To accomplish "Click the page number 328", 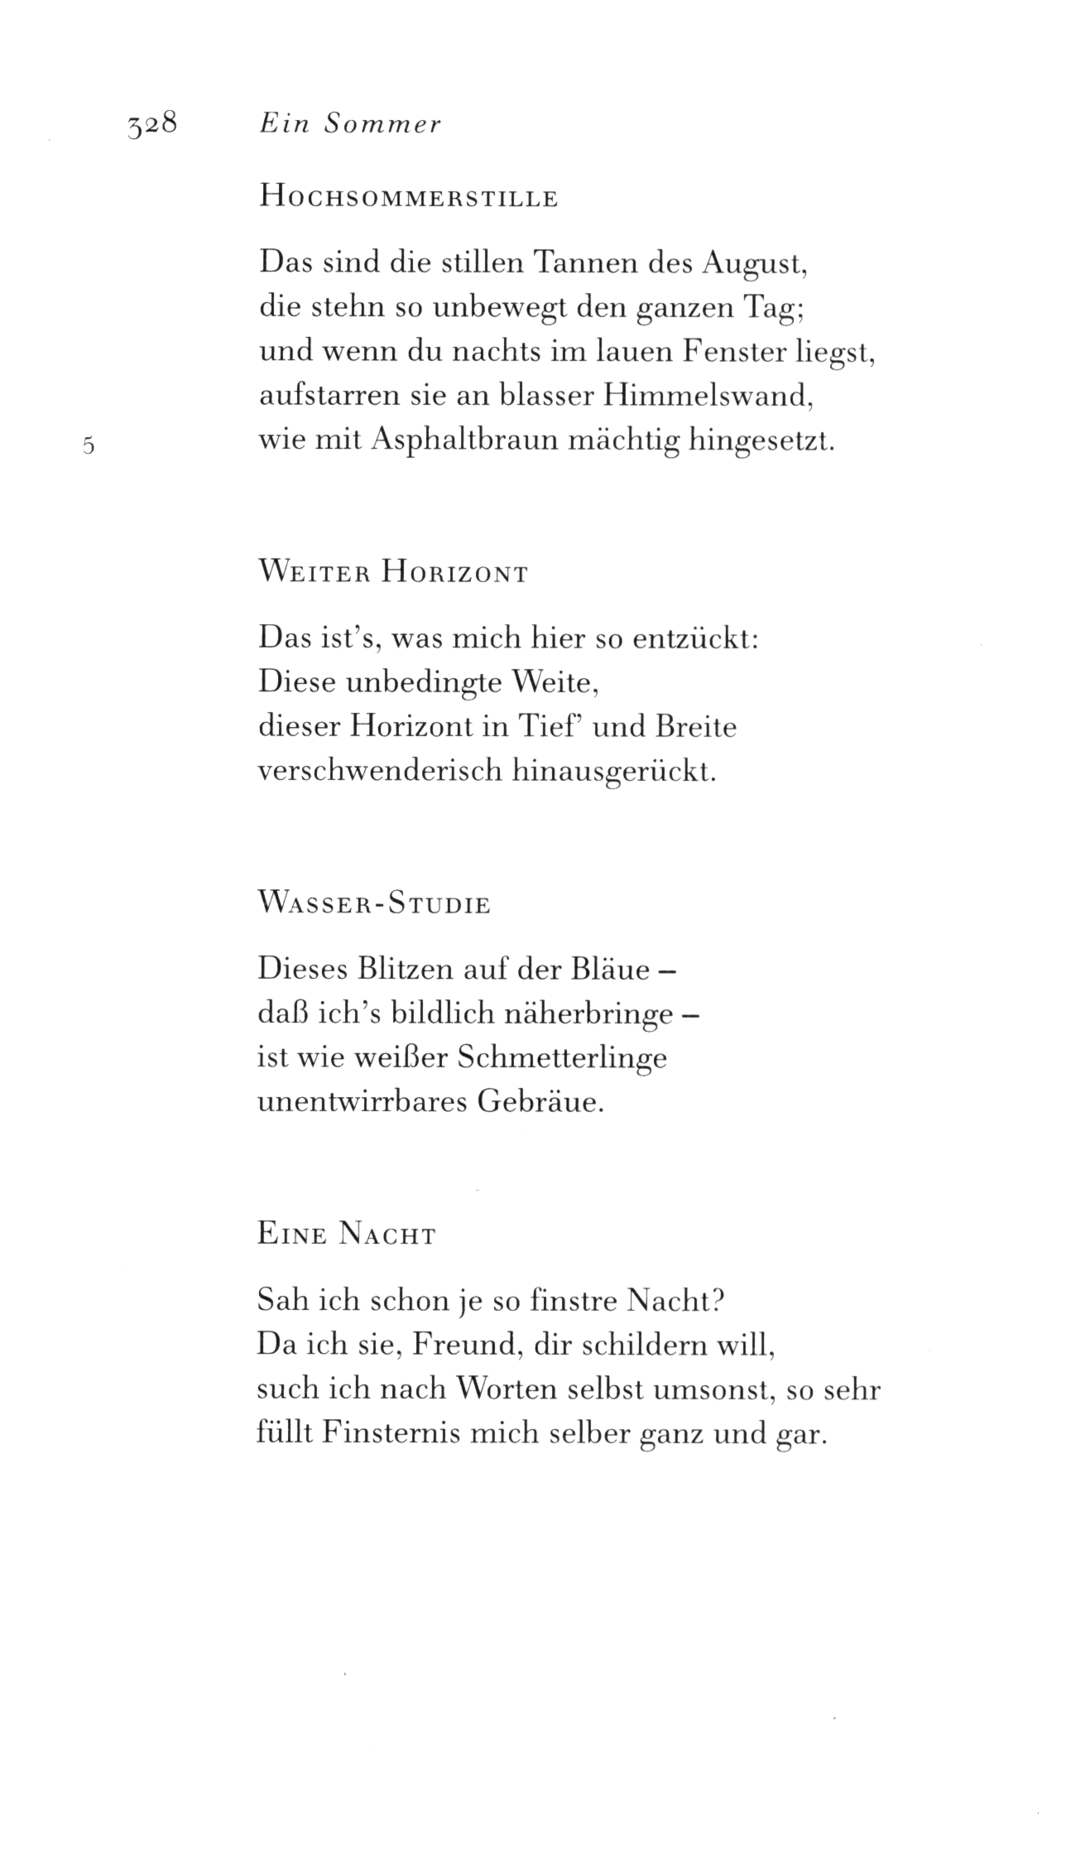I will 153,125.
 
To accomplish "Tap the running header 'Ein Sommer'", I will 350,124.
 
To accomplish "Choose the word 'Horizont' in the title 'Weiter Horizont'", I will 454,574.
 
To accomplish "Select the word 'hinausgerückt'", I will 613,773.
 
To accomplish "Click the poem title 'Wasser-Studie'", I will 374,904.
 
